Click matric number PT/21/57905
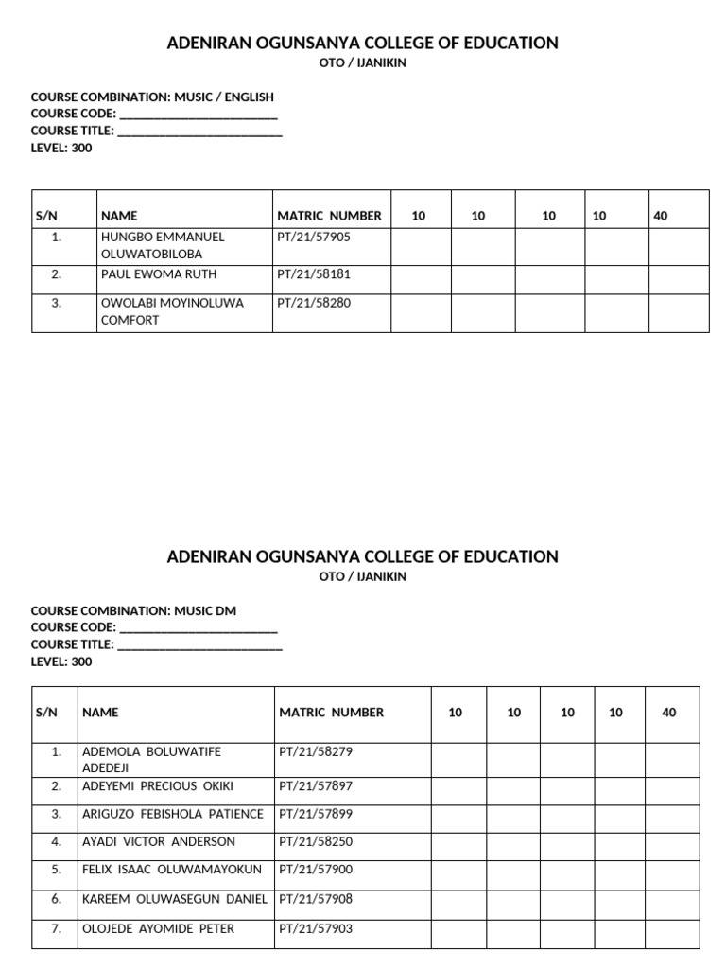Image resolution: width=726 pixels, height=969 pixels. [313, 238]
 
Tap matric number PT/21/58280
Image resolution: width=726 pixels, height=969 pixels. [313, 303]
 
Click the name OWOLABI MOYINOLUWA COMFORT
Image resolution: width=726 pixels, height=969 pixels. [172, 311]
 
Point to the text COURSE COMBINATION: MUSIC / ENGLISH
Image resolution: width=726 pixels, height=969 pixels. [152, 97]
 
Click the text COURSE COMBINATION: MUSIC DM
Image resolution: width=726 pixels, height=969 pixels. [133, 611]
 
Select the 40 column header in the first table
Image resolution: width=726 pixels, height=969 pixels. [660, 216]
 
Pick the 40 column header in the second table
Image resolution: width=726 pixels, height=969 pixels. [669, 713]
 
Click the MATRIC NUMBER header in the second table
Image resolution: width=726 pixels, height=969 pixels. [331, 713]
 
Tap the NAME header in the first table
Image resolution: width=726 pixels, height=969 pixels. [119, 216]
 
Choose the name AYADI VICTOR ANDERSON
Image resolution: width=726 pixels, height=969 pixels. [159, 841]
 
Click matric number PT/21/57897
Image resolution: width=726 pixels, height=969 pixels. [316, 786]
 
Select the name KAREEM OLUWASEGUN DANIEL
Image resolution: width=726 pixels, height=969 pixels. [175, 899]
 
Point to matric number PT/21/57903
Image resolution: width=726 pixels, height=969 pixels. [316, 929]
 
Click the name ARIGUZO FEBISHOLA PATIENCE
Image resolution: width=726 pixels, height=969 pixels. [173, 814]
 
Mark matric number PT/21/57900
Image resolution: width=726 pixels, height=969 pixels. [316, 870]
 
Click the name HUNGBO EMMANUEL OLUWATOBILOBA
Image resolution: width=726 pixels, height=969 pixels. [163, 246]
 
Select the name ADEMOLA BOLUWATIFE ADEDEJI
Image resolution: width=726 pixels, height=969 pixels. [151, 760]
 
